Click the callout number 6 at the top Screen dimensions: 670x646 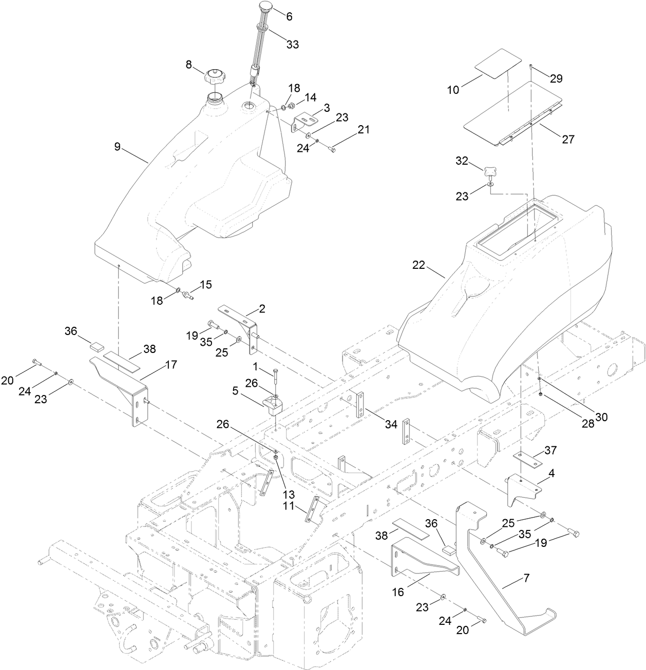point(289,16)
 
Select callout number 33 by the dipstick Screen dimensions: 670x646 point(292,44)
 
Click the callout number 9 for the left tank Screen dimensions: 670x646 point(118,147)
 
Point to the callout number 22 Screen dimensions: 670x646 point(419,265)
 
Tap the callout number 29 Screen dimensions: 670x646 point(557,78)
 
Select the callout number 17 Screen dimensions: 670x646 point(170,365)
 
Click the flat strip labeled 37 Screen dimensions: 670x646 point(528,459)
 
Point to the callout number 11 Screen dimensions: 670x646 point(289,506)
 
